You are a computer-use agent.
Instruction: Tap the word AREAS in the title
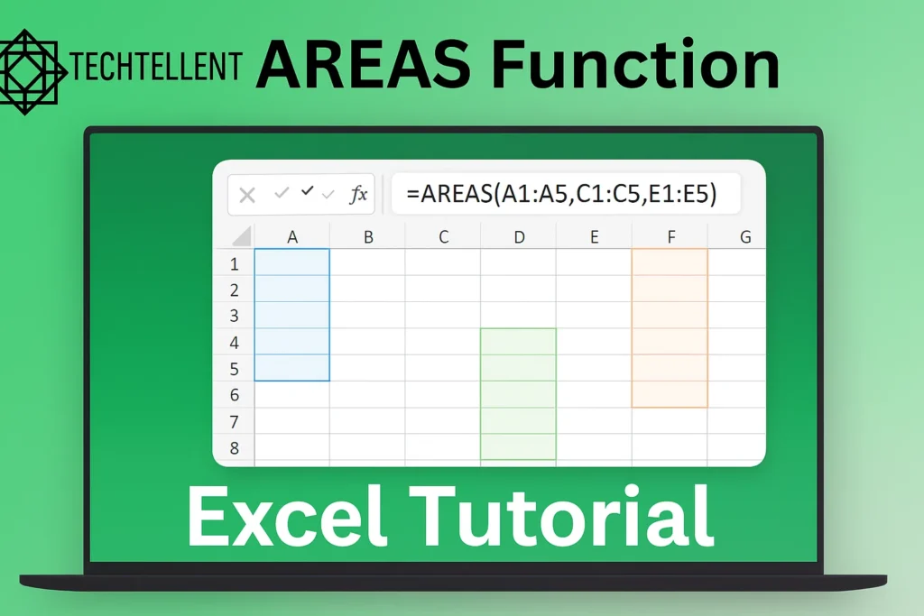click(360, 65)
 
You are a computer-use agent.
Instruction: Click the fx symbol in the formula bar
click(358, 194)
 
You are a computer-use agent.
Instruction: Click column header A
click(292, 237)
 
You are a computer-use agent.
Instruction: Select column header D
click(519, 237)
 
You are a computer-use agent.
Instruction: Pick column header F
click(670, 237)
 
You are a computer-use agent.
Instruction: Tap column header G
click(744, 237)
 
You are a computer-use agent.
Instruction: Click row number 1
click(235, 264)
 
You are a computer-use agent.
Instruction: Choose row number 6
click(235, 395)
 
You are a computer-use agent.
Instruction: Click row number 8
click(235, 447)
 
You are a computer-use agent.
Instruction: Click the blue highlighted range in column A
click(292, 315)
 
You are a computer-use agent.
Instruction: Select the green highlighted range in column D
click(518, 394)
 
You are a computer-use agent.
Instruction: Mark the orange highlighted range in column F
click(670, 327)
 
